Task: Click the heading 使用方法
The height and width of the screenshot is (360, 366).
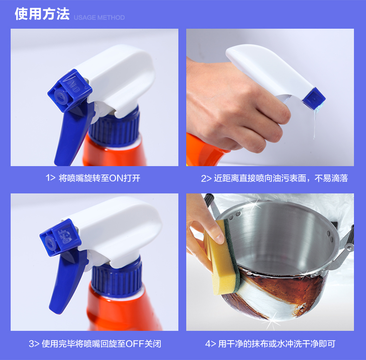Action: click(x=42, y=14)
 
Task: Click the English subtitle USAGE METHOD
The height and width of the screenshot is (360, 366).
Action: click(x=99, y=18)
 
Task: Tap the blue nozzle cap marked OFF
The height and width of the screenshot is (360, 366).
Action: click(x=60, y=237)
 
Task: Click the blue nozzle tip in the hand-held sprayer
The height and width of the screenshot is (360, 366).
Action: click(x=314, y=98)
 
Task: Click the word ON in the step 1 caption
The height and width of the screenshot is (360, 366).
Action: click(x=116, y=178)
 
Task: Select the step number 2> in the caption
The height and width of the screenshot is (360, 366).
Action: click(x=206, y=179)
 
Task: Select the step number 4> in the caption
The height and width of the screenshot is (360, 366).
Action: click(x=210, y=344)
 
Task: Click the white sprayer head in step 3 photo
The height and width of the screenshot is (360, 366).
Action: click(x=117, y=231)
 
